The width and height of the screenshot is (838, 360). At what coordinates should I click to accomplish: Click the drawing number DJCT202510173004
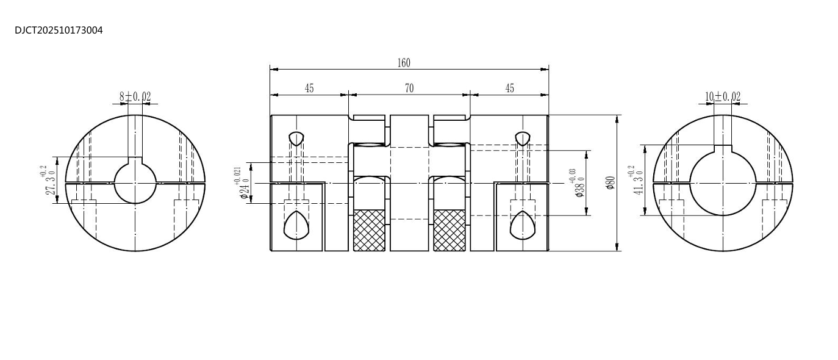59,31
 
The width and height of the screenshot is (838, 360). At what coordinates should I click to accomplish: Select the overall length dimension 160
404,63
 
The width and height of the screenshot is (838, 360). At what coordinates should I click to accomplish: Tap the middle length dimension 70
409,88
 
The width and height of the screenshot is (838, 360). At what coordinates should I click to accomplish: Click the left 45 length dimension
309,88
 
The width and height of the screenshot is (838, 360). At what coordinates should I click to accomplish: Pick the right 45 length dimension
509,88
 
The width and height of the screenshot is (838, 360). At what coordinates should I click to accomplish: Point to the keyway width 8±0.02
135,96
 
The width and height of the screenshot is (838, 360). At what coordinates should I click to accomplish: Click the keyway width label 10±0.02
723,96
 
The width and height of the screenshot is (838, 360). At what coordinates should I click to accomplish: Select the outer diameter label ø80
611,182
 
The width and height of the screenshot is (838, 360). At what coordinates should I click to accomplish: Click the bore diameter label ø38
577,184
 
